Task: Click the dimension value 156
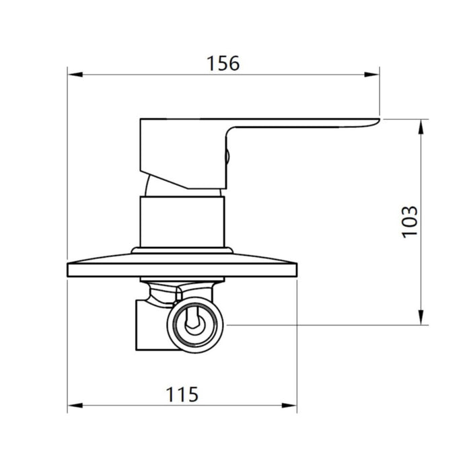[223, 63]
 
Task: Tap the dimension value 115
[183, 394]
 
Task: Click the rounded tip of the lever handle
[374, 121]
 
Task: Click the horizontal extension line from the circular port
[323, 326]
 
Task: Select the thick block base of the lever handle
[175, 151]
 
